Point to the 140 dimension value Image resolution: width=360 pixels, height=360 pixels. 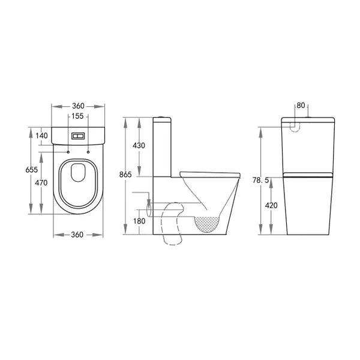coord(41,136)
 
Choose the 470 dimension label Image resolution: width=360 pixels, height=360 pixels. coord(41,183)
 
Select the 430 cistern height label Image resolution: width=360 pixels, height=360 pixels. coord(139,146)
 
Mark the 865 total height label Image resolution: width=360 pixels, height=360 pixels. coord(125,175)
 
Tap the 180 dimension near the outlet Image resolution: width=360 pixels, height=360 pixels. coord(139,221)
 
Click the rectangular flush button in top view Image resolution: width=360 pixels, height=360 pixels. coord(79,136)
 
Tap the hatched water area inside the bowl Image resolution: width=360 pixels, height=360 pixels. coord(208,223)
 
